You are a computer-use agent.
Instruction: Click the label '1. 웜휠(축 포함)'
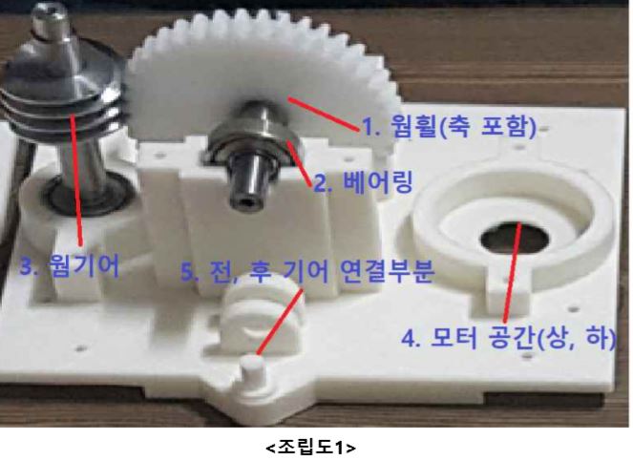click(449, 126)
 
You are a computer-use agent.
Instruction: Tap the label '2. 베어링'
click(364, 182)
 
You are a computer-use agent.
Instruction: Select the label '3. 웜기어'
click(70, 265)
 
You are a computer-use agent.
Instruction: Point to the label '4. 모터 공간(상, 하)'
click(509, 338)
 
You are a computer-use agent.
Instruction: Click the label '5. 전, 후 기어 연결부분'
click(307, 271)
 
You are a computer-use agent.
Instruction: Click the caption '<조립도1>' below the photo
click(311, 448)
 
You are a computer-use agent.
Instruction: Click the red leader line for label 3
click(76, 179)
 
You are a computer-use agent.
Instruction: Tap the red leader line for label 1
click(324, 115)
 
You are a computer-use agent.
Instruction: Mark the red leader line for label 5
click(280, 322)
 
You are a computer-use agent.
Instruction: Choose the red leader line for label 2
click(299, 162)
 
